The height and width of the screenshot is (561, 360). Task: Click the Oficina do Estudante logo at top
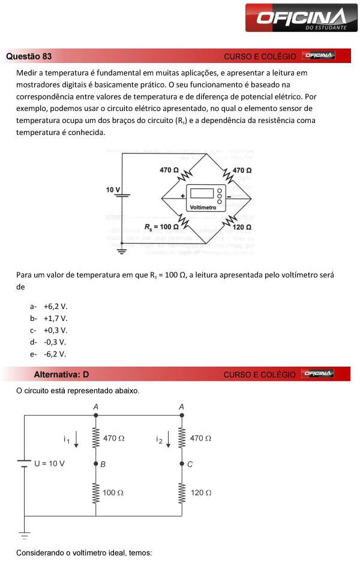pyautogui.click(x=302, y=19)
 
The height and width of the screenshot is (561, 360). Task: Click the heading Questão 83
pyautogui.click(x=29, y=56)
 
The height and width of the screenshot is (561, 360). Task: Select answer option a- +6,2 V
pyautogui.click(x=49, y=306)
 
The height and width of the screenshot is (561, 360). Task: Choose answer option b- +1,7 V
pyautogui.click(x=49, y=318)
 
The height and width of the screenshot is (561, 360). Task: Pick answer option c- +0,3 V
pyautogui.click(x=49, y=330)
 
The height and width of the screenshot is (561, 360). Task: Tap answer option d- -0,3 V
pyautogui.click(x=48, y=342)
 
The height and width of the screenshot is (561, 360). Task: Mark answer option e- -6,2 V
pyautogui.click(x=48, y=354)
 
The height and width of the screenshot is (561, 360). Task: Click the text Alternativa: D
pyautogui.click(x=61, y=374)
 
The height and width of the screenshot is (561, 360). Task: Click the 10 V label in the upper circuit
pyautogui.click(x=113, y=190)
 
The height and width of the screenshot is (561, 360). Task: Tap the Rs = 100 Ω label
pyautogui.click(x=161, y=227)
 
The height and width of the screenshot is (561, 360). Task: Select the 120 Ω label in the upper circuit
pyautogui.click(x=242, y=227)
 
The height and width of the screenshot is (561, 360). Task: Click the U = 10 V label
pyautogui.click(x=49, y=463)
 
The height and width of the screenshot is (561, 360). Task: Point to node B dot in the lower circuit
pyautogui.click(x=95, y=464)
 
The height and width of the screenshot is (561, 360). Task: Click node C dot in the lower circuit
pyautogui.click(x=182, y=464)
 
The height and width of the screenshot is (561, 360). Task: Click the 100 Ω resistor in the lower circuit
pyautogui.click(x=96, y=493)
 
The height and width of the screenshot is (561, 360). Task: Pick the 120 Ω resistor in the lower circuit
pyautogui.click(x=182, y=493)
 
